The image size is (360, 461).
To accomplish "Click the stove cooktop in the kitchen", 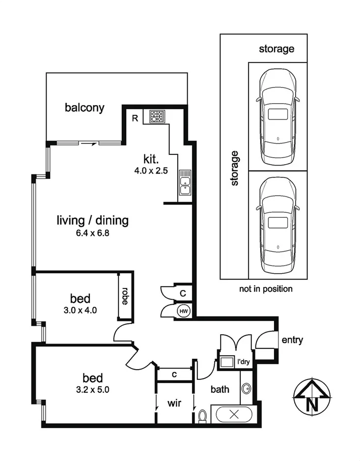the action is [158, 116].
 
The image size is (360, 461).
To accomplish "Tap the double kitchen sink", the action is [185, 182].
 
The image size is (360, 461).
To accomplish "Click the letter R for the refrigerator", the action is [135, 118].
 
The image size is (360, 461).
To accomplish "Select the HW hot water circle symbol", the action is [184, 312].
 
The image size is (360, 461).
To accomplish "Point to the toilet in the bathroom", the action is [202, 416].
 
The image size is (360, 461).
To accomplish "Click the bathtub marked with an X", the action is [234, 414].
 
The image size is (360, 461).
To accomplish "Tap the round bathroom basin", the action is [247, 389].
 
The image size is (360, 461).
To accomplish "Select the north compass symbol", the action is [312, 397].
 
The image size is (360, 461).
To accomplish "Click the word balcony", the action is [84, 108].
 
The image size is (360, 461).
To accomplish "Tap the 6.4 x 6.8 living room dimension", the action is [92, 233].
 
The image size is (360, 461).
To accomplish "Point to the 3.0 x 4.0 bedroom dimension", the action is [80, 310].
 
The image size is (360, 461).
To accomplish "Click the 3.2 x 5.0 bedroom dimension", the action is [92, 390].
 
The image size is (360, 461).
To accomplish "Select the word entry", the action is [292, 340].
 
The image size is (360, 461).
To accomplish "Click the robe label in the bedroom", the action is [125, 296].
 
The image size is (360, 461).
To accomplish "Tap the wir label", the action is [174, 403].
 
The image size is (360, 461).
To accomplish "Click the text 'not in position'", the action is [266, 289].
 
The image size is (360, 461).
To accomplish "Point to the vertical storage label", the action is [235, 168].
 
